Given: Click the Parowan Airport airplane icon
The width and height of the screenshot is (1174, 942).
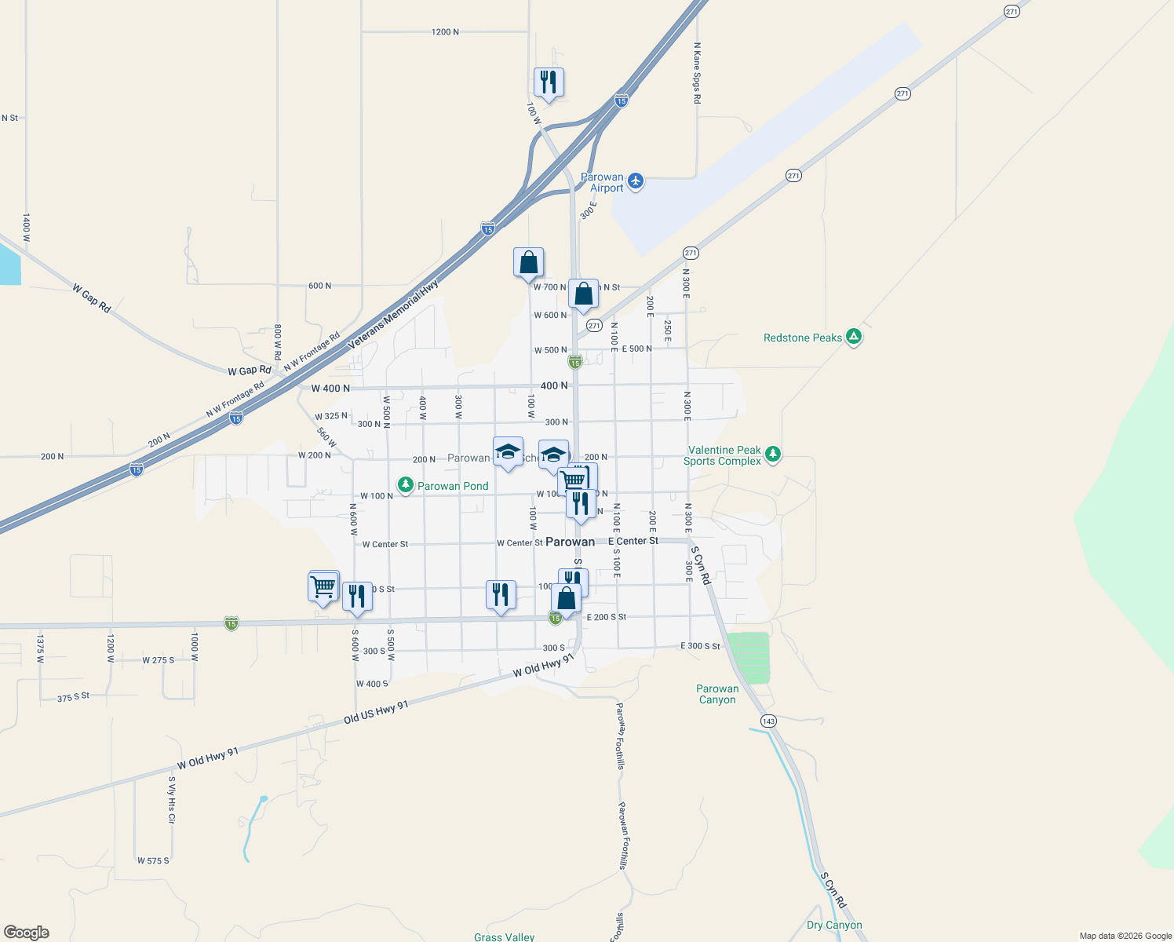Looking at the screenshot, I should tap(636, 182).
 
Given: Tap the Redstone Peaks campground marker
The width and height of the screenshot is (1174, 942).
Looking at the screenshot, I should tap(854, 338).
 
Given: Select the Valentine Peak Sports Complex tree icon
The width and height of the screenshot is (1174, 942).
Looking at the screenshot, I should tap(773, 455).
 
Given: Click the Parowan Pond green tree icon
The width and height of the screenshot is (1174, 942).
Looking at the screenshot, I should tap(406, 486).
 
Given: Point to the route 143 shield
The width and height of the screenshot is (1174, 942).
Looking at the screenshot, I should tap(768, 721).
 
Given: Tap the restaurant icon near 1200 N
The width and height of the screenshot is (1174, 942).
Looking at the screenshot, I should tap(549, 82).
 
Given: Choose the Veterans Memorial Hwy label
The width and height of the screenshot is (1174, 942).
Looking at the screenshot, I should tap(393, 314).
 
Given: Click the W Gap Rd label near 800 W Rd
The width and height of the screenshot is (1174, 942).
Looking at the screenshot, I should tap(250, 371).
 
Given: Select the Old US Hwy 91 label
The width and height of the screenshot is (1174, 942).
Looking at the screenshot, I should tap(377, 713).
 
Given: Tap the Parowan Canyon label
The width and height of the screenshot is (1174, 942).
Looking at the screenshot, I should tap(717, 695).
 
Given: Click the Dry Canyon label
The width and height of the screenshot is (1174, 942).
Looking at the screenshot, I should tap(834, 925).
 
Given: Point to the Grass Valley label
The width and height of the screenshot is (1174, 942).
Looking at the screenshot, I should tap(504, 937).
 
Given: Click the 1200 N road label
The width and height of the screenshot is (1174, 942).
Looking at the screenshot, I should tap(445, 32).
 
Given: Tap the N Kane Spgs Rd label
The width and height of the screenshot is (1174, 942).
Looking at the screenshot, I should tap(697, 74).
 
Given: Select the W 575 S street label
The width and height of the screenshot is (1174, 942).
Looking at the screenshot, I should tap(153, 861).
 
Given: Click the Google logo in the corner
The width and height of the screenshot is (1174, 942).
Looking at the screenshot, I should tap(27, 933).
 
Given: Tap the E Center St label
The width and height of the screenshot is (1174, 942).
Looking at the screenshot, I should tap(633, 541).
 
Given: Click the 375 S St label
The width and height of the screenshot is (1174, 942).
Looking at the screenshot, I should tap(74, 697).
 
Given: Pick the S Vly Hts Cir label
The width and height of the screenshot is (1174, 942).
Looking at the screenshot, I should tap(171, 800).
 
